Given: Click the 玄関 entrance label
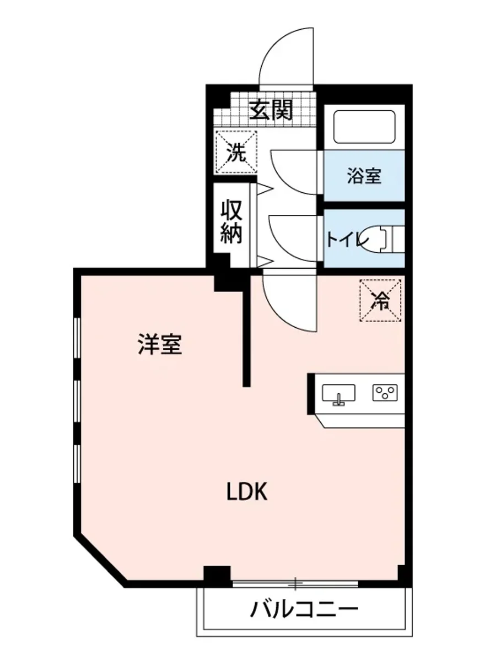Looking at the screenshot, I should pos(270,111).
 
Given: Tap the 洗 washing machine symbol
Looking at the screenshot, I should pos(236,152).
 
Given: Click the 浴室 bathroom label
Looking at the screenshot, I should pos(364,177).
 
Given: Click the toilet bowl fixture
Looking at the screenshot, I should pos(386,239).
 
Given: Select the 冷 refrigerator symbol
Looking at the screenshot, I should pos(380,300).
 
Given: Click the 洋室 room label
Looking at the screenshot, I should pos(159,345).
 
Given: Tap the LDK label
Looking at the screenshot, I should pos(247,491).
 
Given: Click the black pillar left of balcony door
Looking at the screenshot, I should pos(217,576).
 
